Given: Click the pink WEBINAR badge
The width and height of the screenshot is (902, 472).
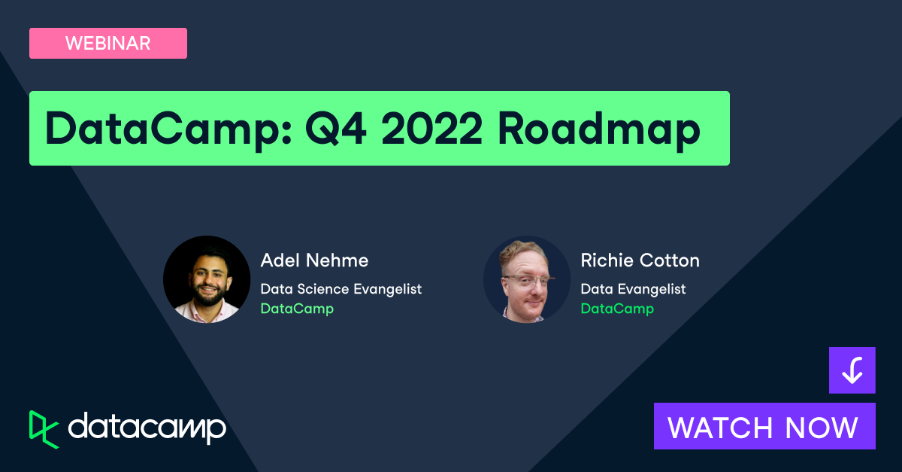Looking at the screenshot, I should [x=107, y=43].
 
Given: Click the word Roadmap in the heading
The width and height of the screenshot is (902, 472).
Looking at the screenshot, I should [x=598, y=129].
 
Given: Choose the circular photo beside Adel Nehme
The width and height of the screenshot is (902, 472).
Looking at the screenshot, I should [x=207, y=279].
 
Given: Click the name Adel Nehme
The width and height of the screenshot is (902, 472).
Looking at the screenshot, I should [x=314, y=260].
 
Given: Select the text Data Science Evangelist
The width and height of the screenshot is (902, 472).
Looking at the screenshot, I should [x=341, y=288].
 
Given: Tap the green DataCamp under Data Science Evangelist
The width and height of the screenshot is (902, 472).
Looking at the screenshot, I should [x=297, y=309].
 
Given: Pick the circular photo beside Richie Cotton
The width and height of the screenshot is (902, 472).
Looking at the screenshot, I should [x=527, y=279].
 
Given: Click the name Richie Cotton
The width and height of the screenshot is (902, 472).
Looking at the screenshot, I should [x=640, y=260].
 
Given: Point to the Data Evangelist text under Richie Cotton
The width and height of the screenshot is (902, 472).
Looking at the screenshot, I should [x=633, y=288].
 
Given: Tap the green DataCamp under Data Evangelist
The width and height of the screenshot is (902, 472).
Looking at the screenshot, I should [x=617, y=309].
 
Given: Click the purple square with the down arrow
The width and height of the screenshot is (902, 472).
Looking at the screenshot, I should [x=852, y=370].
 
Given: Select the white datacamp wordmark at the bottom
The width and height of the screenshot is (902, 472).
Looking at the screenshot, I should [x=147, y=428].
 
